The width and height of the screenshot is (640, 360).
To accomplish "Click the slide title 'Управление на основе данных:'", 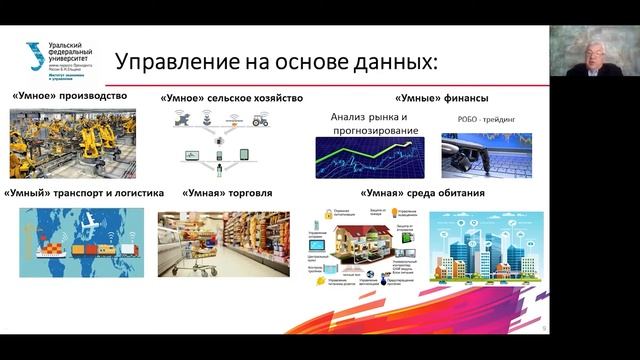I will tap(276, 63).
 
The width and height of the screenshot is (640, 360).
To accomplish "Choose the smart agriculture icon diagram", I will tap(221, 140).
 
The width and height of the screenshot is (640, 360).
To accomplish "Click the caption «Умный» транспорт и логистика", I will tap(74, 193).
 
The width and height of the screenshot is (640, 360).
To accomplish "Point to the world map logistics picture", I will tap(74, 240).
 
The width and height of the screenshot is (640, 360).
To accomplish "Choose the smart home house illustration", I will tap(369, 244).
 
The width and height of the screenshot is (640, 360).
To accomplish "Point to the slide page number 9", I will tap(543, 327).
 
